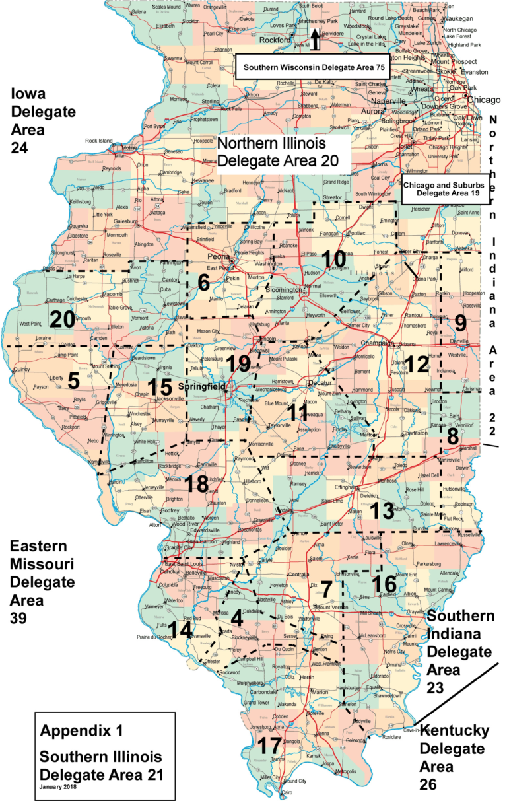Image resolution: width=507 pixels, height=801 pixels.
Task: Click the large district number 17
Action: pos(269,747)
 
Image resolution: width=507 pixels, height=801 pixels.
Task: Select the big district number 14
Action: pos(181,629)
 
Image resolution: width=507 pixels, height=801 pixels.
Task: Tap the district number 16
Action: pos(386,583)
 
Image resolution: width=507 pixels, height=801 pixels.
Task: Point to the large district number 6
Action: pos(203,283)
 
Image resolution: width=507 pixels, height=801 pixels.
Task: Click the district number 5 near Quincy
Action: pos(73,380)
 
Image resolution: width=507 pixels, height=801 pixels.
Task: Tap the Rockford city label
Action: pos(275,40)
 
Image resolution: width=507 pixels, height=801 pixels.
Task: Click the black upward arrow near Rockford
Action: pos(316,39)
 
